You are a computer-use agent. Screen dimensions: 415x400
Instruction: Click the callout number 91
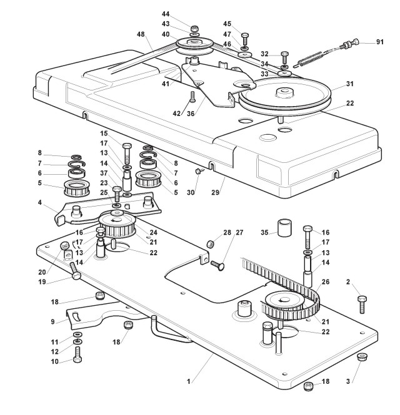(x=379, y=42)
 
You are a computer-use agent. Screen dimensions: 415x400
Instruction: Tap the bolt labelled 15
(x=127, y=152)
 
